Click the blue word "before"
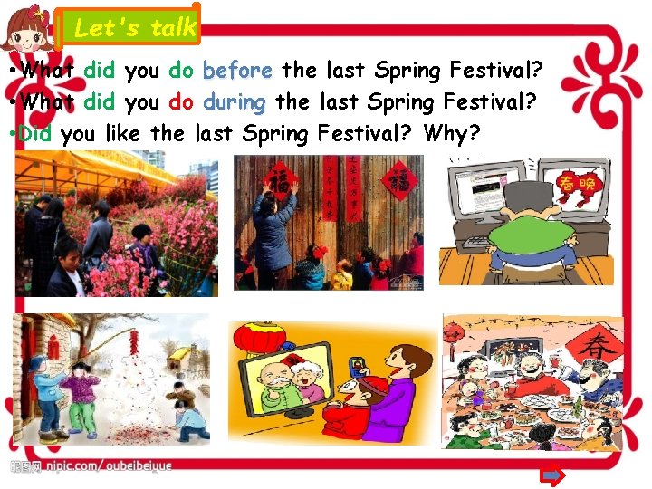click(237, 70)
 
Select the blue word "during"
click(235, 102)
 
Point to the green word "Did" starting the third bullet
click(35, 135)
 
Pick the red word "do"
click(181, 102)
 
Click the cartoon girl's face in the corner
click(26, 34)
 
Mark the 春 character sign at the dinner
click(599, 348)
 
